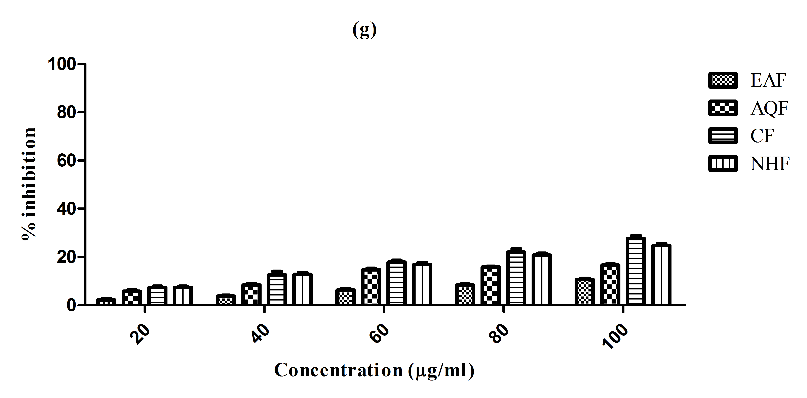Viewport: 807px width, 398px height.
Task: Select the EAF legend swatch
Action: tap(723, 80)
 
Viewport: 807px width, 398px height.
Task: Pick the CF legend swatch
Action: tap(723, 136)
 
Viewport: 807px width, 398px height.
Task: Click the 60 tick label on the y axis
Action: tap(66, 161)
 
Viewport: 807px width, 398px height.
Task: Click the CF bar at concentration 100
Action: tap(636, 271)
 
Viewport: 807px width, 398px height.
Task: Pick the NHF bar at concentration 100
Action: tap(661, 275)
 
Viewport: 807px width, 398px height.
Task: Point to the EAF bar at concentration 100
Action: tap(585, 291)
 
